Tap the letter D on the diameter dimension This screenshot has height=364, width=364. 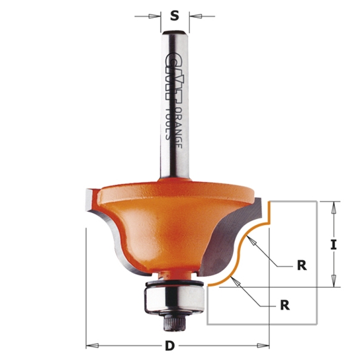tap(169, 345)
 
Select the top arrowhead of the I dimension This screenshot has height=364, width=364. tap(334, 206)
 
